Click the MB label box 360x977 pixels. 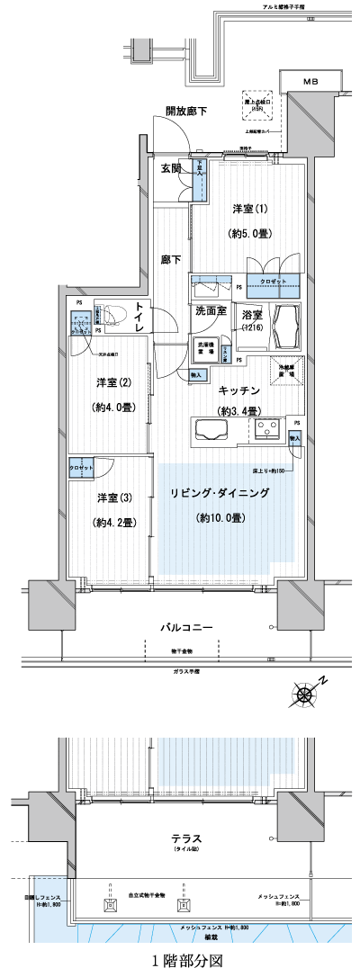(310, 82)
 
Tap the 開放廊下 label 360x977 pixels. (185, 112)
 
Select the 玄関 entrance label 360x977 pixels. (172, 168)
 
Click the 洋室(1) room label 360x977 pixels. (250, 209)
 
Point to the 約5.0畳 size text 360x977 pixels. (250, 232)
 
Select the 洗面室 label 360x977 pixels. (211, 310)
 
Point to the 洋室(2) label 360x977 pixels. (115, 383)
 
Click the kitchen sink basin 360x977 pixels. (212, 429)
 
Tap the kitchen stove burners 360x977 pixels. (267, 429)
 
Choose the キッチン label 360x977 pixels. (238, 390)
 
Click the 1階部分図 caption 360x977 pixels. (183, 960)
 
